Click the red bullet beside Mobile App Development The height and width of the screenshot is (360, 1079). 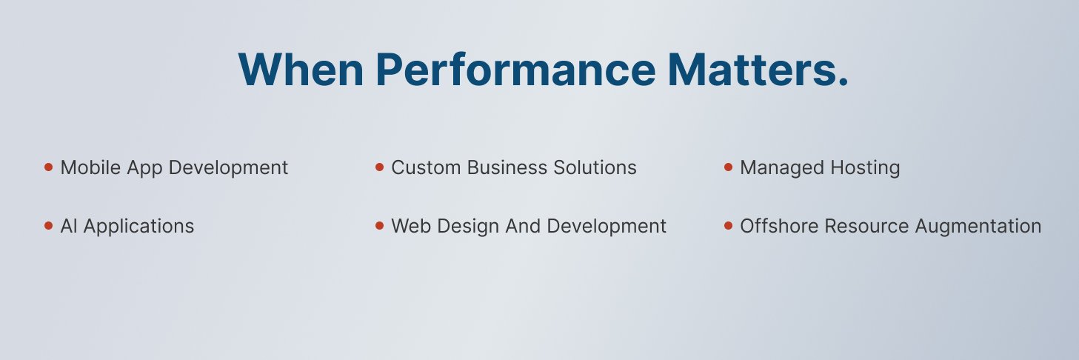point(48,167)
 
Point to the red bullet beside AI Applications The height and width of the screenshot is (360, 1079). point(48,226)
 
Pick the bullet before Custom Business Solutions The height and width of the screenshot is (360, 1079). point(379,167)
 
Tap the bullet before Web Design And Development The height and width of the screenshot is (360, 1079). point(379,226)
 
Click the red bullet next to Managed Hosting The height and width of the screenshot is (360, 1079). point(728,167)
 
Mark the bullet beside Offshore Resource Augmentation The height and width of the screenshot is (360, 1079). point(728,226)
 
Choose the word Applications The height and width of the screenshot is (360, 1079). point(138,227)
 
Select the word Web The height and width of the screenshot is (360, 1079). point(407,226)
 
